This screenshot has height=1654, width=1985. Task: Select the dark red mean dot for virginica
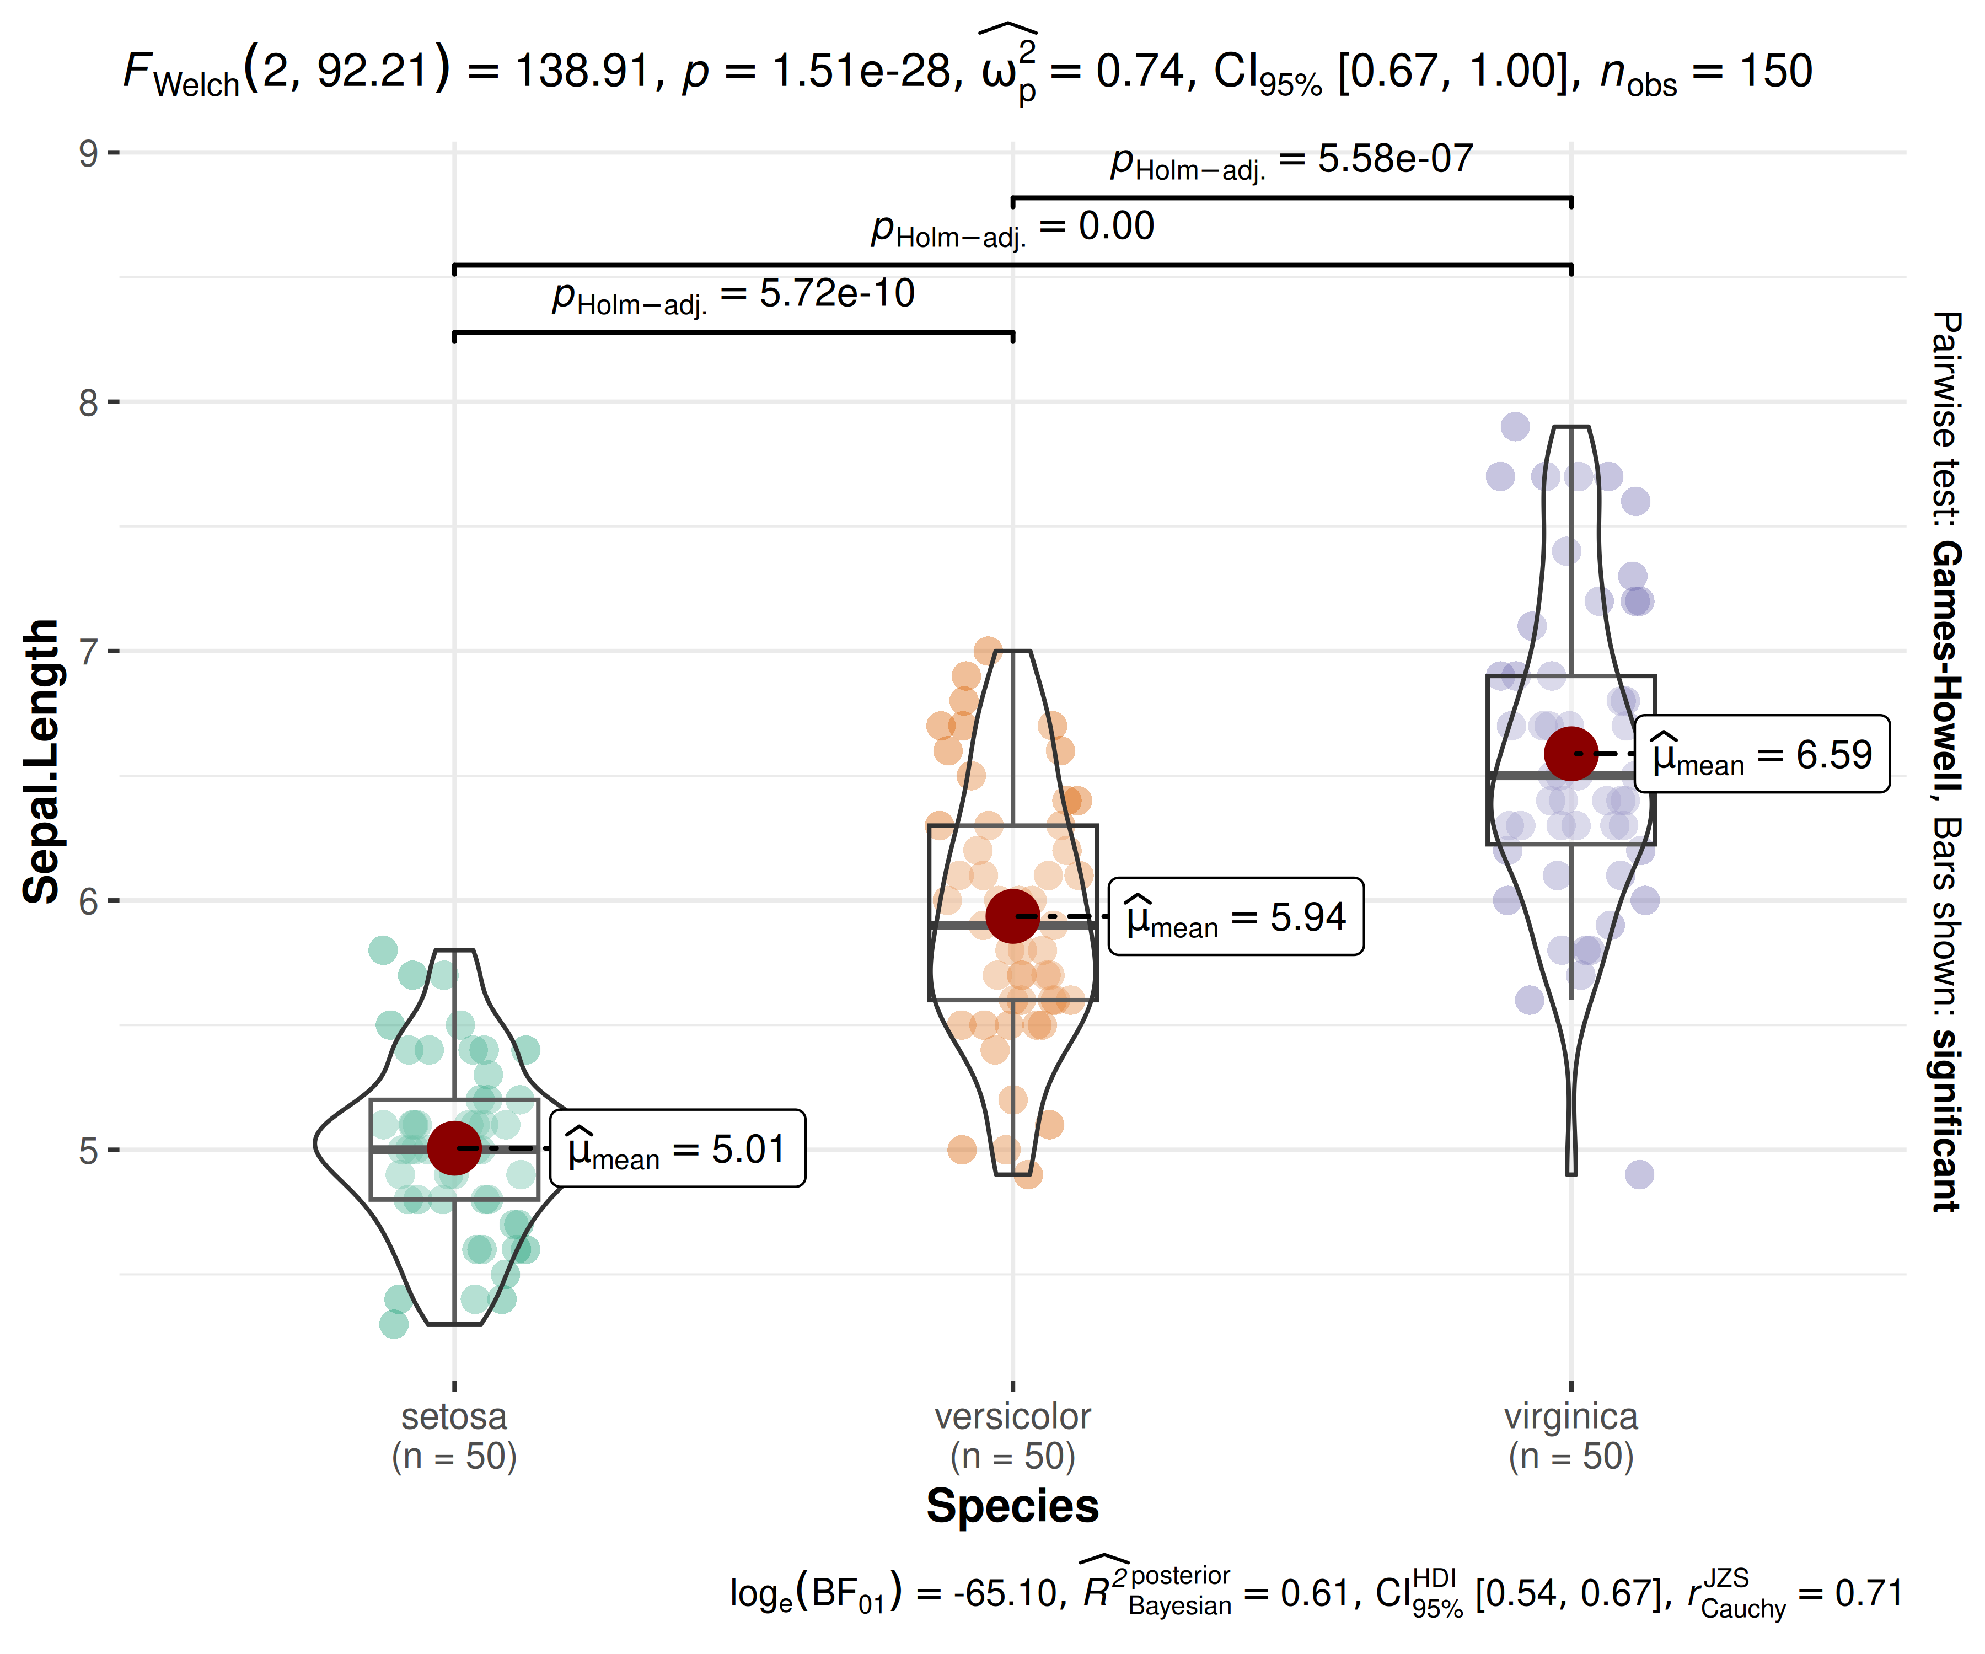coord(1571,753)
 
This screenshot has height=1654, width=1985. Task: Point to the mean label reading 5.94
coord(1236,917)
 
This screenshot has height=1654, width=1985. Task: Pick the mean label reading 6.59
coord(1762,754)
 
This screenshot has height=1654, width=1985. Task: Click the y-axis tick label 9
coord(89,153)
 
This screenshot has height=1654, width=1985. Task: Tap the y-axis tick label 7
coord(89,652)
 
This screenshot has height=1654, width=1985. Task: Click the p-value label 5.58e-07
coord(1291,160)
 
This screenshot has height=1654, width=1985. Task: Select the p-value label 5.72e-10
coord(733,295)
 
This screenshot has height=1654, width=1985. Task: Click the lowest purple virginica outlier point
coord(1639,1175)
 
